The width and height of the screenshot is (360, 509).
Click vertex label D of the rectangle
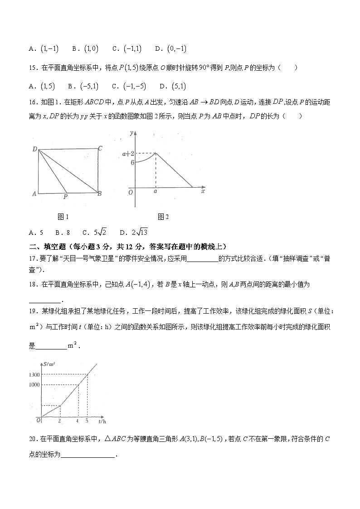point(34,149)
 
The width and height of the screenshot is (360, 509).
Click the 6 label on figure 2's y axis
point(132,162)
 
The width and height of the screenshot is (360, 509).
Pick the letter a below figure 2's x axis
point(156,192)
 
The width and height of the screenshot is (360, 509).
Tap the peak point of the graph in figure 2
point(156,153)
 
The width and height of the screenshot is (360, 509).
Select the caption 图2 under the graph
point(163,217)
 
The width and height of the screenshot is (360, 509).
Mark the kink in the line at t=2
point(60,406)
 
